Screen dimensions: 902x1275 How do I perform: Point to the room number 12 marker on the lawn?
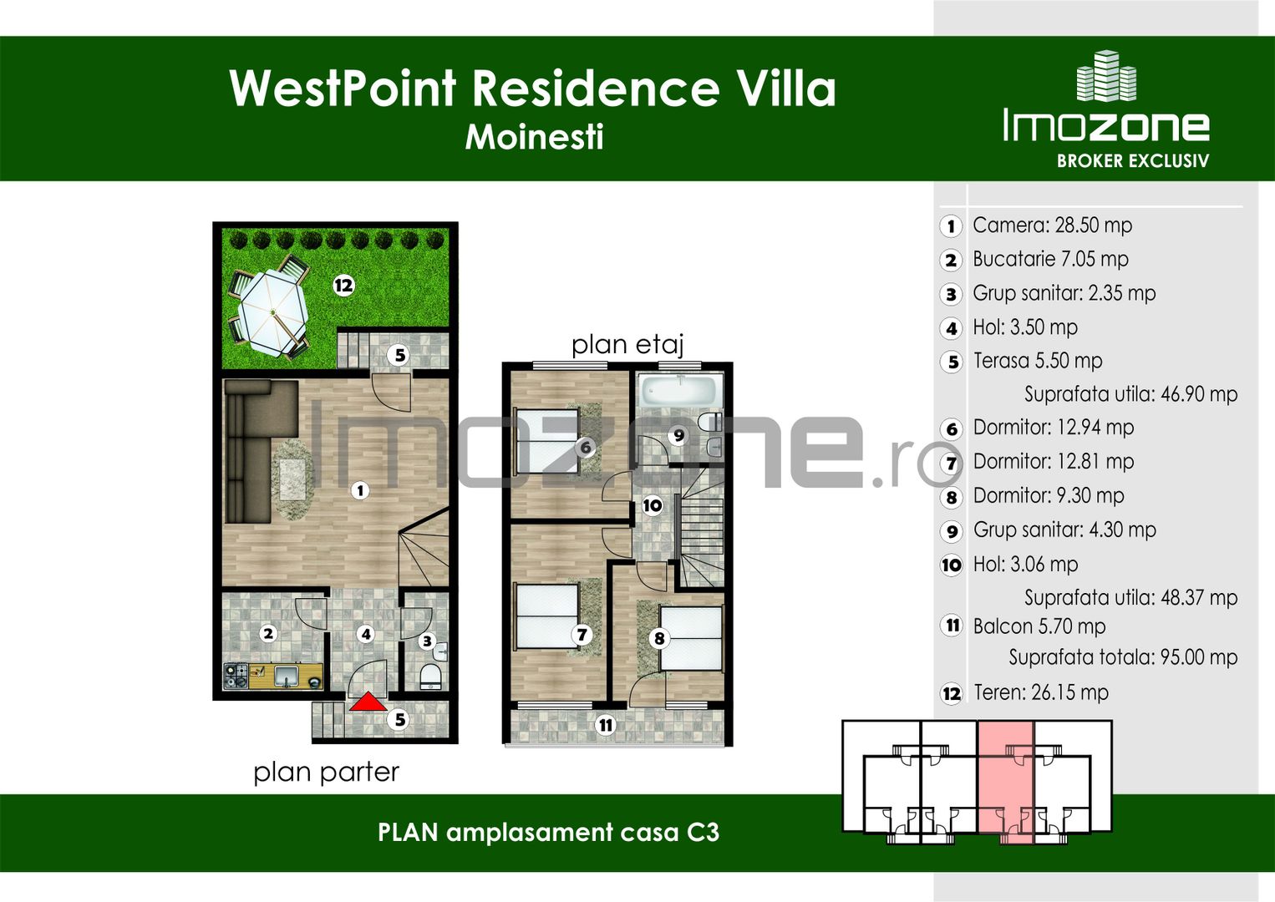coord(343,286)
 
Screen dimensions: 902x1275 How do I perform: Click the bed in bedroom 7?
coord(547,616)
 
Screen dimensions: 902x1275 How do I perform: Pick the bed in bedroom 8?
coord(691,638)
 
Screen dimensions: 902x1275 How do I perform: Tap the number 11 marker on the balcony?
coord(606,725)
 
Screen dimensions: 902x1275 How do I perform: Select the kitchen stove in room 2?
coord(235,675)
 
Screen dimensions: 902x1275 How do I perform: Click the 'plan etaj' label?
coord(627,344)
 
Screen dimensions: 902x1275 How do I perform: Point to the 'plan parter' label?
coord(326,772)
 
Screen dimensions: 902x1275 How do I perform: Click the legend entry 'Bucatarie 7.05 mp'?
coord(1050,259)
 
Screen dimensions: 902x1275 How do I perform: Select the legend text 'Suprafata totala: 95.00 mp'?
coord(1122,657)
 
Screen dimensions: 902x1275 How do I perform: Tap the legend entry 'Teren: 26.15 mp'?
coord(1040,692)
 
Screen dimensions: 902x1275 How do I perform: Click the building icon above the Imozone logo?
coord(1106,77)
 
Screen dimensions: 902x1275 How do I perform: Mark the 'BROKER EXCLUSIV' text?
coord(1132,160)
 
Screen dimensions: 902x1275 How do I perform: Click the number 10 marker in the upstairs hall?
coord(653,504)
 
